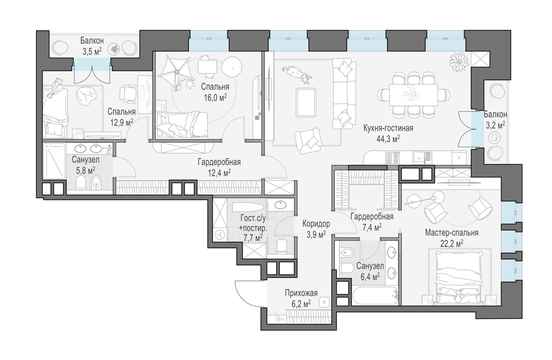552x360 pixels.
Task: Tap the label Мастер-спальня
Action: [x=452, y=233]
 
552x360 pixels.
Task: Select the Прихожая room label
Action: [x=301, y=293]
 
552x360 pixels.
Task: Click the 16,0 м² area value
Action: [x=215, y=97]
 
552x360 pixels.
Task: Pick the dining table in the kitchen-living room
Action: [x=413, y=95]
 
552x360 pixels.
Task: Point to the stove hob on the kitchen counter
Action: [x=392, y=158]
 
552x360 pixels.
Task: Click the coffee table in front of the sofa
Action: [x=305, y=102]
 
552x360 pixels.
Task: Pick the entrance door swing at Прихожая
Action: [x=247, y=291]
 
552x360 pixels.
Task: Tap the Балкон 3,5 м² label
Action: [x=92, y=46]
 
